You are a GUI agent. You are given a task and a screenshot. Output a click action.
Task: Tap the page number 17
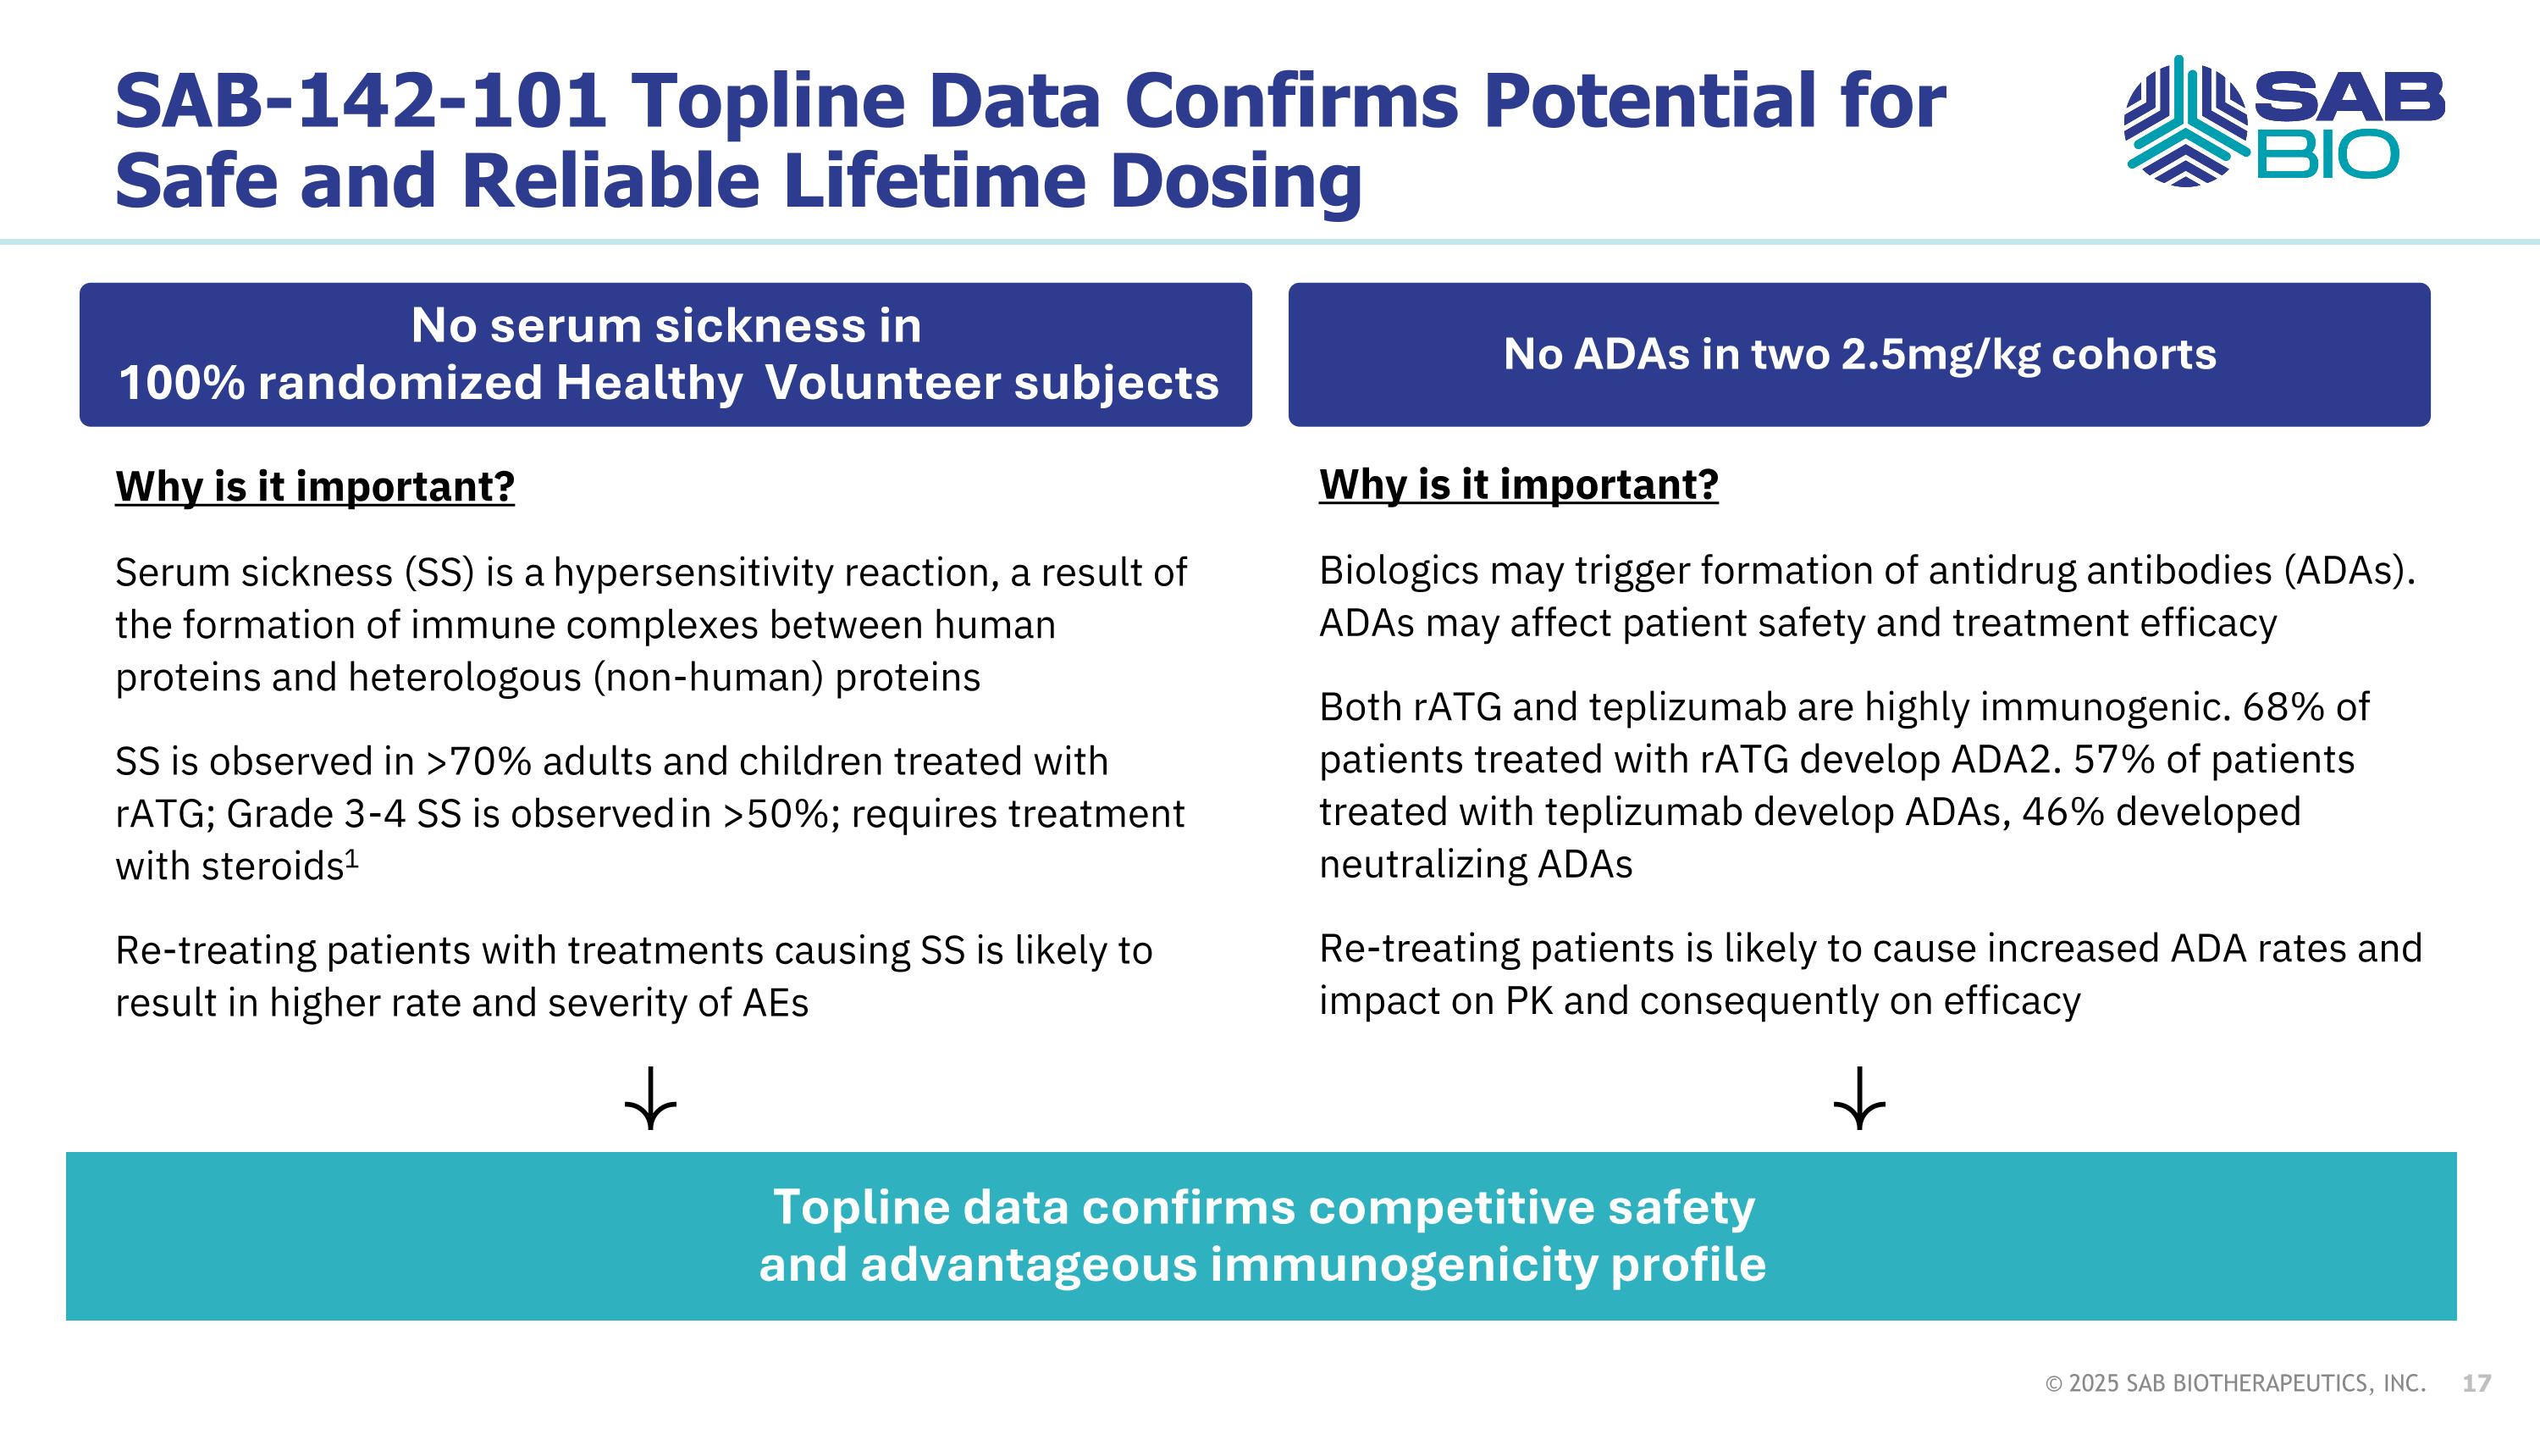(x=2476, y=1383)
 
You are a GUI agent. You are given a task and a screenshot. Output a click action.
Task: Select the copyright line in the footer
(x=2235, y=1383)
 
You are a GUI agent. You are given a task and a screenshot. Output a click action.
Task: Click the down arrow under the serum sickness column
(x=651, y=1098)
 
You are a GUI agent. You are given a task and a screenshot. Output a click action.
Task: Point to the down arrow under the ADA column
(x=1858, y=1098)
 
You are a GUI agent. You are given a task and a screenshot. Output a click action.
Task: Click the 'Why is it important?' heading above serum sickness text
(x=315, y=486)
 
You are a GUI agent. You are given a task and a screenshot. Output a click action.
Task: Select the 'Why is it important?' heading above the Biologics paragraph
(x=1518, y=485)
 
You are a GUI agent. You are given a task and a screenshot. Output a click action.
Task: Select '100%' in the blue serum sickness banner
(x=181, y=383)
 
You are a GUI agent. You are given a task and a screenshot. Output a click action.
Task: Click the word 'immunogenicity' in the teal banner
(x=1402, y=1265)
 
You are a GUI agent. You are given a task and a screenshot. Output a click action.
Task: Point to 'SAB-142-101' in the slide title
(x=360, y=101)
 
